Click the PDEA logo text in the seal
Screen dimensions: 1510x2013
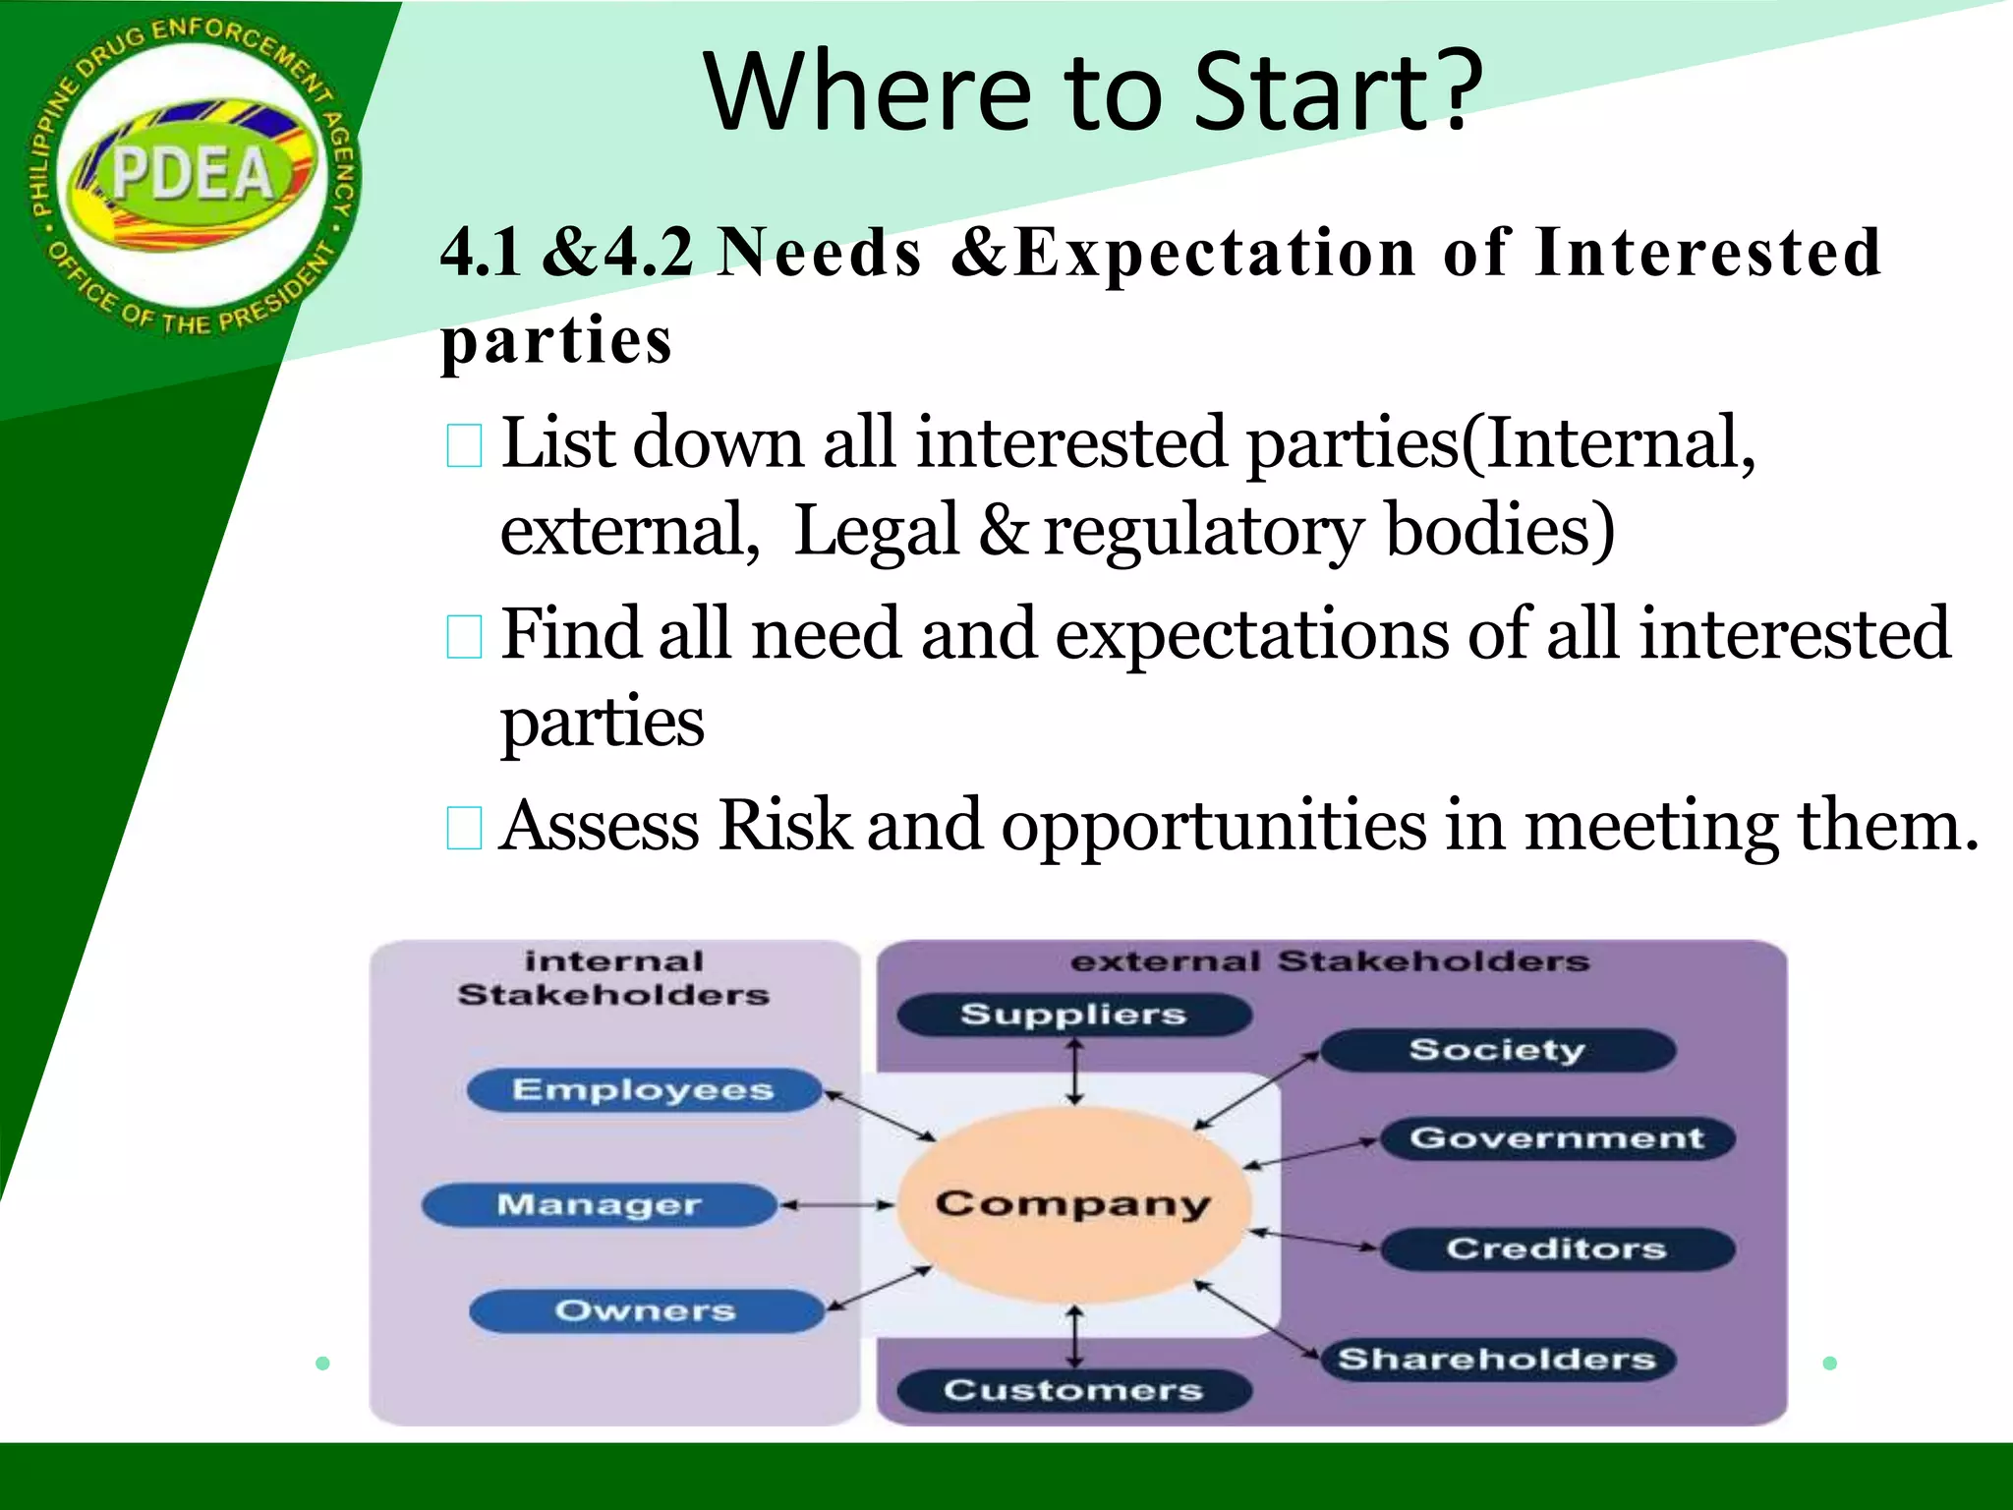point(193,175)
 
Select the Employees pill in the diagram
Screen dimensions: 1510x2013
point(644,1090)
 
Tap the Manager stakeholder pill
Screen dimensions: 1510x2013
point(599,1204)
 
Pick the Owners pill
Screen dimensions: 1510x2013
point(646,1310)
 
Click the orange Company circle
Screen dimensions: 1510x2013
point(1073,1203)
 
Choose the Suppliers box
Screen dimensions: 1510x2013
point(1073,1015)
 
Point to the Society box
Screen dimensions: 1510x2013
point(1497,1050)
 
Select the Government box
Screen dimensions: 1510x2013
point(1557,1138)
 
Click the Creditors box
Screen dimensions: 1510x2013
point(1557,1249)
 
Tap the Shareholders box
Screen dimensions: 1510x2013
point(1497,1360)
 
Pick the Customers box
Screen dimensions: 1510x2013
point(1073,1390)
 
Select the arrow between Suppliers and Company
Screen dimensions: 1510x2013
point(1075,1072)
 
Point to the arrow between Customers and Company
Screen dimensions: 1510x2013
point(1075,1337)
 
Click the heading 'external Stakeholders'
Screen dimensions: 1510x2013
point(1329,961)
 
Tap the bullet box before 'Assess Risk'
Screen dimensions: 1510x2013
point(464,828)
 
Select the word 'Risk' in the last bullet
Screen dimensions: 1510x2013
point(783,825)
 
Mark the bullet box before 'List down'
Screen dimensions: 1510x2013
point(464,445)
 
